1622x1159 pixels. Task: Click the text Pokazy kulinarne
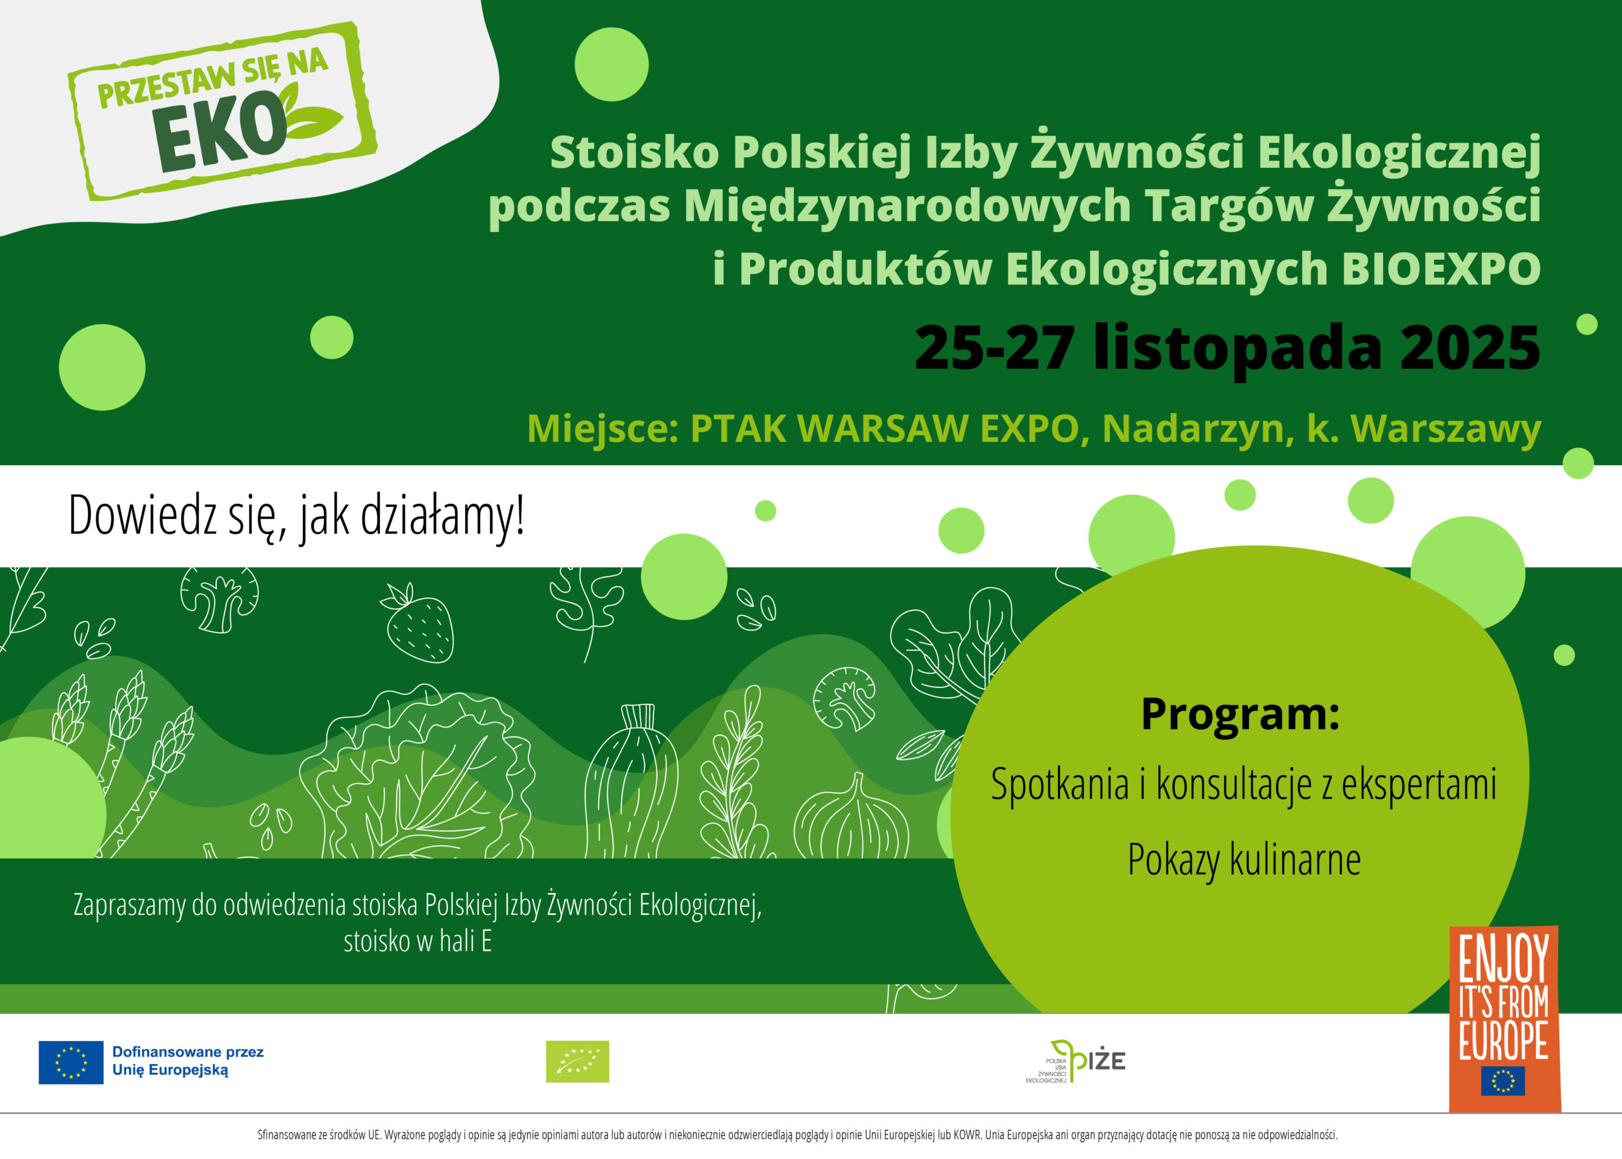pos(1244,859)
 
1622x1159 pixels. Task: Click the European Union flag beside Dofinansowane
pos(71,1062)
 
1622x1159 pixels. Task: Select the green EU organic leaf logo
pos(577,1061)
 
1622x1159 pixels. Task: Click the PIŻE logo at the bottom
pos(1075,1061)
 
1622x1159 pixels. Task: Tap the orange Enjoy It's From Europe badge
pos(1504,1019)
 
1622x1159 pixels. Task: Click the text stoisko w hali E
pos(418,941)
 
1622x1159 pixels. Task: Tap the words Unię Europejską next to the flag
pos(170,1070)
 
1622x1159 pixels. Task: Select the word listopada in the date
pos(1237,350)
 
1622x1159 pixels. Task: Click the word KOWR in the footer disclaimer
pos(967,1135)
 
